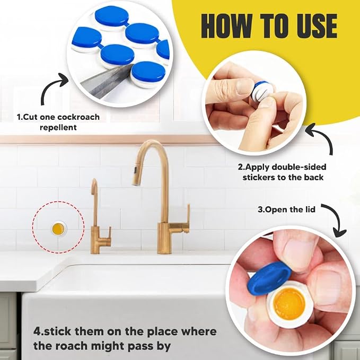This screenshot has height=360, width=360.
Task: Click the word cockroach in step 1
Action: (78, 117)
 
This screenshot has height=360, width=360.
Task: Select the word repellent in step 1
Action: (58, 127)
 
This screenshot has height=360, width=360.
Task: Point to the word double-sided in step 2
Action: (298, 167)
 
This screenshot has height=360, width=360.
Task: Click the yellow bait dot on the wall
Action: (58, 229)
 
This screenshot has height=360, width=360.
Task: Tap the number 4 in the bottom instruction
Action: (37, 332)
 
